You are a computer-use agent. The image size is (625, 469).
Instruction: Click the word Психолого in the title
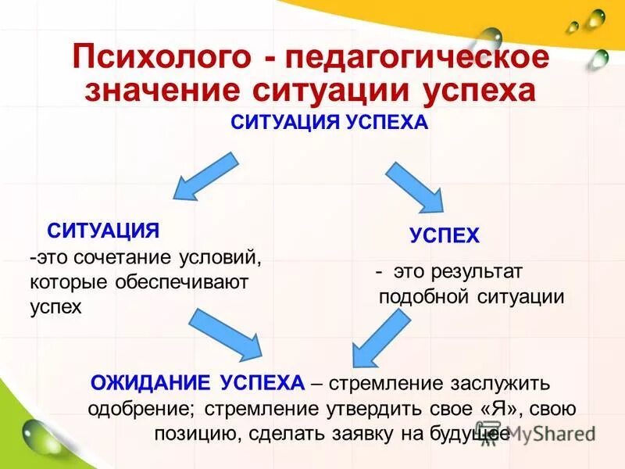[x=162, y=58]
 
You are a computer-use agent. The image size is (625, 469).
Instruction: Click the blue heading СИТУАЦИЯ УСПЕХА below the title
[x=330, y=123]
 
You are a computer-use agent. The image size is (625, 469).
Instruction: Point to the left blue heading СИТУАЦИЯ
[x=103, y=230]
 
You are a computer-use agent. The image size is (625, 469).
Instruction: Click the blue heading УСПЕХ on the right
[x=445, y=236]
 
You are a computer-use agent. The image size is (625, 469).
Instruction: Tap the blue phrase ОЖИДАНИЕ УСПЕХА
[x=197, y=383]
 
